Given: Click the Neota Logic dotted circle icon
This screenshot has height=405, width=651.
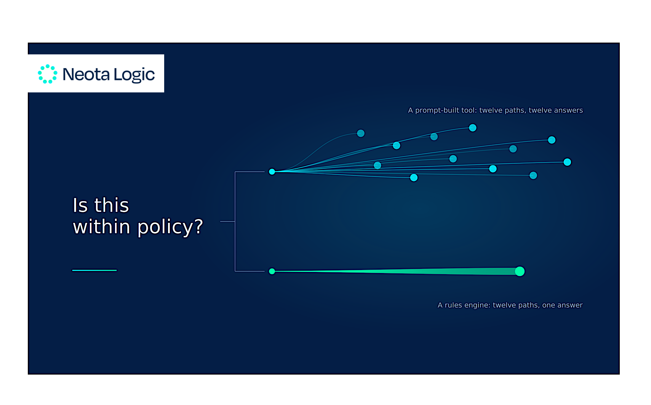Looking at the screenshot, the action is click(x=47, y=74).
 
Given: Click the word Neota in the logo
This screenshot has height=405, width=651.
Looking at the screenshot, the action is click(x=86, y=74).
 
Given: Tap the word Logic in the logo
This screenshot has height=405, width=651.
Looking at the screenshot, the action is click(x=134, y=75).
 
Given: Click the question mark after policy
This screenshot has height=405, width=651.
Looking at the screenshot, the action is click(x=198, y=226).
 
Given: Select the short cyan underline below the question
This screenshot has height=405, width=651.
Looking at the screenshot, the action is click(x=94, y=270).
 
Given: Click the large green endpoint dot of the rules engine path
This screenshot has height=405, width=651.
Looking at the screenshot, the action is click(x=520, y=271).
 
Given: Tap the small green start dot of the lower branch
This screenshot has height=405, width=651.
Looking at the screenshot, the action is click(x=272, y=271).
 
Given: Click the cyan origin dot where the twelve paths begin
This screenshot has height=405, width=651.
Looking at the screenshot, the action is click(x=272, y=172).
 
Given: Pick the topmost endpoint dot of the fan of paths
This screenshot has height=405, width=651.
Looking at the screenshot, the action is click(x=473, y=128).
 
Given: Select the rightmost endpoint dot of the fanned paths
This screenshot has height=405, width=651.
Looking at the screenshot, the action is click(x=567, y=162).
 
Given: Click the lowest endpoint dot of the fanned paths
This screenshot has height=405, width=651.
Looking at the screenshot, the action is click(x=414, y=178).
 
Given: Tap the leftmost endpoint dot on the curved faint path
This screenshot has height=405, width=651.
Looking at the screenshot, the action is click(x=361, y=133).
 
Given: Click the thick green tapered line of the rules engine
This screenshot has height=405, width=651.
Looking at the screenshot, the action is click(x=396, y=271).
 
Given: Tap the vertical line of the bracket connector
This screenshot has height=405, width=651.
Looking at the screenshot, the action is click(x=235, y=222).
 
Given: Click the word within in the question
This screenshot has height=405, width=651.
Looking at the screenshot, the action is click(x=101, y=226).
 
